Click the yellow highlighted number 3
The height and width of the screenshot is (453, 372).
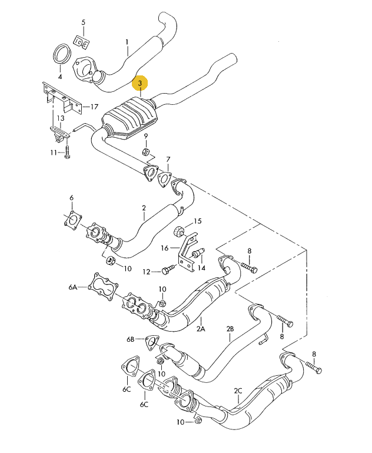tap(140, 84)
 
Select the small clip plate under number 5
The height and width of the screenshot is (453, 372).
tap(81, 42)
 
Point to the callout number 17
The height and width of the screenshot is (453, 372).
tap(94, 107)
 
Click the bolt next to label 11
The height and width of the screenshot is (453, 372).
tap(67, 152)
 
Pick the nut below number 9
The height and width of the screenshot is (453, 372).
tap(146, 151)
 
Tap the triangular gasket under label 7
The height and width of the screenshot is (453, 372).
tap(164, 178)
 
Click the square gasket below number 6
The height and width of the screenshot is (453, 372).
tap(73, 220)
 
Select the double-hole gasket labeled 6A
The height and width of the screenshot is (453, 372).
tap(103, 286)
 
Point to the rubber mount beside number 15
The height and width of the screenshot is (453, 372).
tap(178, 230)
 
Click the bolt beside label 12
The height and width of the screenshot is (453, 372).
tap(168, 270)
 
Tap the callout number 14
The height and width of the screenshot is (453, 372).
tap(201, 268)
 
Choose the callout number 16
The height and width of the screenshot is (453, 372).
tap(164, 248)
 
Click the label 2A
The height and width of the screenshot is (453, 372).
tap(201, 329)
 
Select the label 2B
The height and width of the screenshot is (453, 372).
tap(230, 329)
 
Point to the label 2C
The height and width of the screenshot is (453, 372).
tap(238, 391)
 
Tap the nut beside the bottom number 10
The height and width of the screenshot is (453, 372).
tap(198, 420)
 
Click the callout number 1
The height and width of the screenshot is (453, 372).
tap(127, 42)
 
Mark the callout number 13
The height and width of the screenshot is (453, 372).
tap(61, 118)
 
